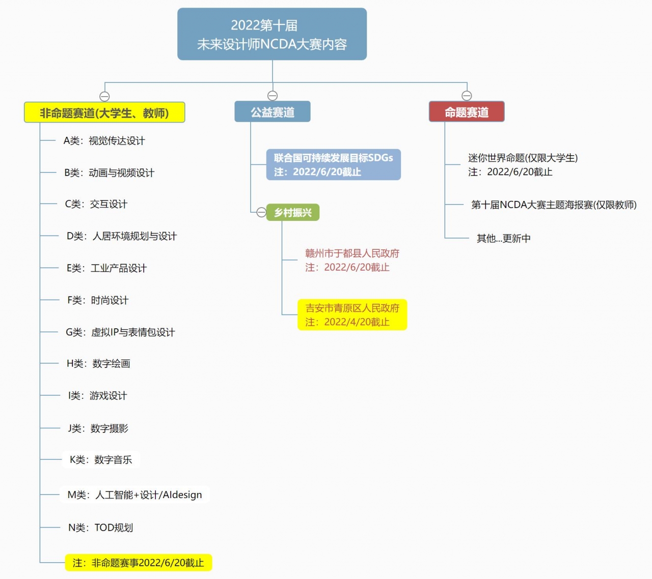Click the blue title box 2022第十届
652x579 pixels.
tap(272, 34)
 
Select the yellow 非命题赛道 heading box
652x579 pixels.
tap(104, 112)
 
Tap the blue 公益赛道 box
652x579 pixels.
tap(273, 112)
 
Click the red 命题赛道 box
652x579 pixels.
tap(467, 112)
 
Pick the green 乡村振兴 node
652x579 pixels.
tap(293, 212)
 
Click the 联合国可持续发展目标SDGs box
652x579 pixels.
tap(333, 165)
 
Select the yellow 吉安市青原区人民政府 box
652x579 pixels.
tap(352, 315)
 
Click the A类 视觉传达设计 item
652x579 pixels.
tap(104, 141)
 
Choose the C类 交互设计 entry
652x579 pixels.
tap(96, 204)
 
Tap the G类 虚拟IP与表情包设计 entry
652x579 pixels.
tap(120, 332)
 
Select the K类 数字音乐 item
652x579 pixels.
tap(101, 460)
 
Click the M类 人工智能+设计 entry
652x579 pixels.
tap(134, 495)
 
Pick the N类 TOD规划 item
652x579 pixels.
tap(100, 528)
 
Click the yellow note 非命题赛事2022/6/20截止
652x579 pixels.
tap(138, 563)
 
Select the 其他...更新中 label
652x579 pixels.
tap(503, 238)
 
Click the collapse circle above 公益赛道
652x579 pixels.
tap(273, 96)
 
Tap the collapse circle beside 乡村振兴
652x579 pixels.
tap(261, 212)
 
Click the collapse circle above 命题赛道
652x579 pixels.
tap(467, 96)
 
